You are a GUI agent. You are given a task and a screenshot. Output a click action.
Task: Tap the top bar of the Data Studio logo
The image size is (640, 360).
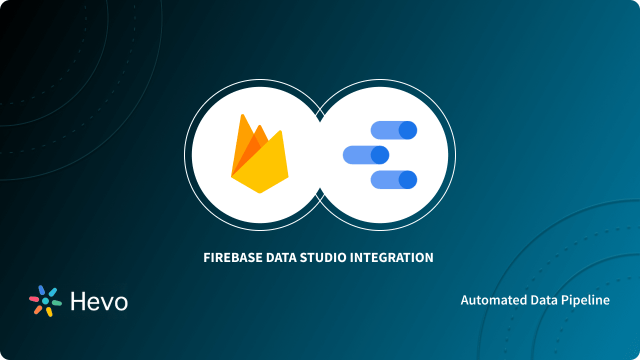click(393, 130)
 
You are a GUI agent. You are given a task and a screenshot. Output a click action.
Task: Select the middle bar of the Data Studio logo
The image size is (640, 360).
click(365, 155)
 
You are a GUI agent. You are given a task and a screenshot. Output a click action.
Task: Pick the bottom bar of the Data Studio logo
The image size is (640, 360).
click(393, 180)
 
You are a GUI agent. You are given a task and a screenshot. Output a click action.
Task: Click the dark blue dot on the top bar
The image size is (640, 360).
click(407, 130)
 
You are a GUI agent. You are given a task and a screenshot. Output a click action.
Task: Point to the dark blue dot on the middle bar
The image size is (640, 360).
click(380, 155)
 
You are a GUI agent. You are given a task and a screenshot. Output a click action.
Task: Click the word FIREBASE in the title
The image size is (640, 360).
click(232, 258)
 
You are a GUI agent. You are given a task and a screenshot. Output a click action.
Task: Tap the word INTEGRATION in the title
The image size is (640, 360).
click(391, 258)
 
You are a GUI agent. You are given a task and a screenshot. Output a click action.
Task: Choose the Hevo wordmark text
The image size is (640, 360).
click(99, 301)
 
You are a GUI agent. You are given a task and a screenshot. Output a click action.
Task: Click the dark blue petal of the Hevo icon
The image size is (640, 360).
click(42, 290)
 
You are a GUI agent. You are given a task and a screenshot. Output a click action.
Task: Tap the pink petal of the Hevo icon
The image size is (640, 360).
click(34, 299)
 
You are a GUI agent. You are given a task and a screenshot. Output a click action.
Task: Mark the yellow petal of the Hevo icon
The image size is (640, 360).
click(49, 311)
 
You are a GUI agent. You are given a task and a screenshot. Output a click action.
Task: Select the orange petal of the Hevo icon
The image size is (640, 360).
click(38, 309)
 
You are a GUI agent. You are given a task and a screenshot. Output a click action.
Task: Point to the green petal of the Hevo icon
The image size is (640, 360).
click(57, 303)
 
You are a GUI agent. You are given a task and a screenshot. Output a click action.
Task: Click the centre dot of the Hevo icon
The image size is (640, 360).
click(45, 301)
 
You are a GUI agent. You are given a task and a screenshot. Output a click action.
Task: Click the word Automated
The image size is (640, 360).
click(489, 300)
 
